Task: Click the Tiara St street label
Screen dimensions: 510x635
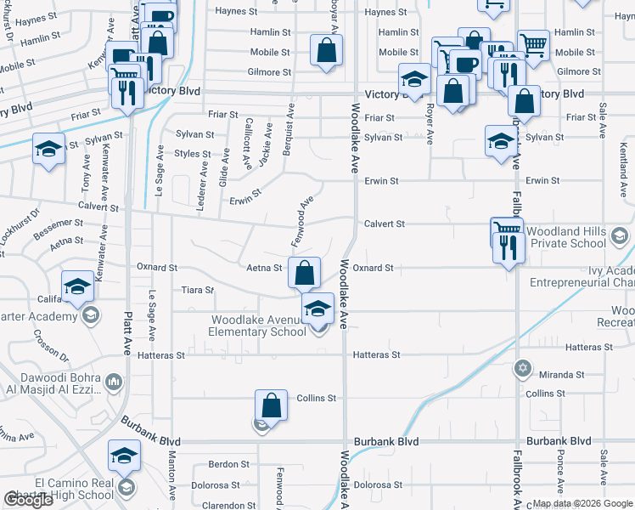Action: coord(197,290)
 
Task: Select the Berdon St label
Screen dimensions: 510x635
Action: coord(228,465)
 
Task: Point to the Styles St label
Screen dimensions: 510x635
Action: coord(193,155)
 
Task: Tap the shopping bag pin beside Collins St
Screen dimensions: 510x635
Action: coord(271,405)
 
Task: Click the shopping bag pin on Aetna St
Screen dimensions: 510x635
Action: coord(305,273)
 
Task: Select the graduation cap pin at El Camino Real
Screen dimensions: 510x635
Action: coord(124,456)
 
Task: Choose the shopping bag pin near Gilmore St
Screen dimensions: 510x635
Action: coord(326,49)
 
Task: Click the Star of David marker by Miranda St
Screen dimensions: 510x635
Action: coord(523,369)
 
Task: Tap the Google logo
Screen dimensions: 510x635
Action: coord(28,500)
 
